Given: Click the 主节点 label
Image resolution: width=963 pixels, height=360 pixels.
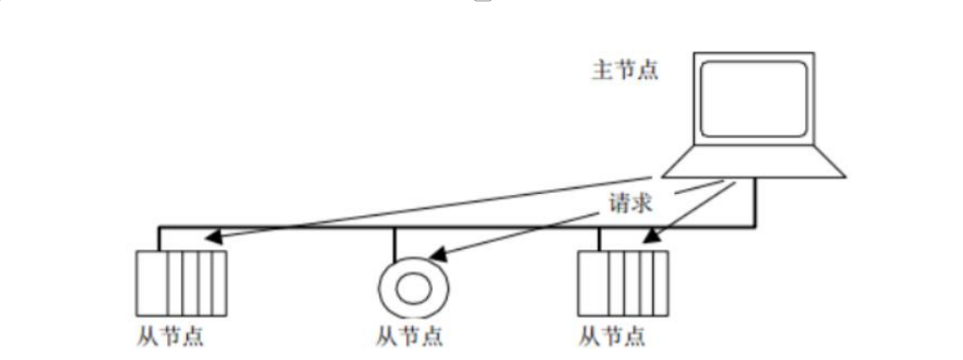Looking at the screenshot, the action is click(626, 71).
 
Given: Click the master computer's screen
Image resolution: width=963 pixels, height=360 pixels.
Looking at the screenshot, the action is click(753, 98).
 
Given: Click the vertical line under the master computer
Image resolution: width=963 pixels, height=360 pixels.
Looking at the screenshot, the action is click(755, 201).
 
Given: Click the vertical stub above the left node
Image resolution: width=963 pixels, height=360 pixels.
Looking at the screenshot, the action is click(159, 239).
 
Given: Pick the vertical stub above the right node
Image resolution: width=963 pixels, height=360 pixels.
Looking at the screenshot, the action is click(599, 239).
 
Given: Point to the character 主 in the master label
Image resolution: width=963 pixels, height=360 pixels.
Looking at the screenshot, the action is click(600, 71).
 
